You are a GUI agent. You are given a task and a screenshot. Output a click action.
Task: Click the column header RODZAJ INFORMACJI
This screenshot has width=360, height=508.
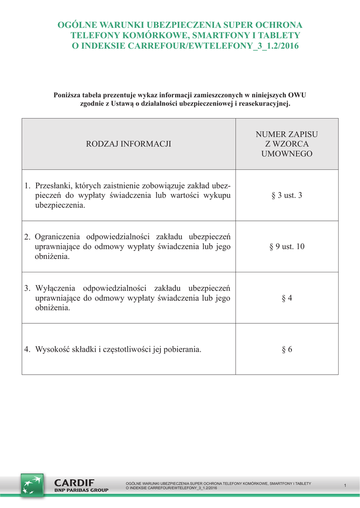(129, 144)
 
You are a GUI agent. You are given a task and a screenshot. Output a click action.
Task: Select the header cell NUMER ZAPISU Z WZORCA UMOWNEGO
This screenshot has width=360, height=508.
(287, 144)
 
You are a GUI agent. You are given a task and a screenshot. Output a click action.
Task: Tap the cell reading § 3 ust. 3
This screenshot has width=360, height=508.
(287, 195)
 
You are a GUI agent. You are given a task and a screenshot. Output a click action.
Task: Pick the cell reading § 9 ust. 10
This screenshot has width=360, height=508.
(287, 247)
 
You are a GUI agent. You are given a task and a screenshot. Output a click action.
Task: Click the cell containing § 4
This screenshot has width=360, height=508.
(287, 298)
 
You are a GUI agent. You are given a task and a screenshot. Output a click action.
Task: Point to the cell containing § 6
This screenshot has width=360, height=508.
(287, 349)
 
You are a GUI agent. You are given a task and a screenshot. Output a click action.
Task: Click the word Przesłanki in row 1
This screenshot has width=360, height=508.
(54, 186)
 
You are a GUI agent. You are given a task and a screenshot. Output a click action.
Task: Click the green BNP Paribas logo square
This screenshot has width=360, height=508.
(32, 485)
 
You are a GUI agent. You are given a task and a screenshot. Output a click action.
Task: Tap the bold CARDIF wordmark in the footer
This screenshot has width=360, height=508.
(74, 482)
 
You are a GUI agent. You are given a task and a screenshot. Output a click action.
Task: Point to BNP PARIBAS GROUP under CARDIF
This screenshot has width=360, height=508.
(81, 490)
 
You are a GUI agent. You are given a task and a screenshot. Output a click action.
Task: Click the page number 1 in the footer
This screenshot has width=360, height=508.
(345, 485)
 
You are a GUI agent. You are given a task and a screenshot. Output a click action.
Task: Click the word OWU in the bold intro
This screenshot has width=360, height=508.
(297, 95)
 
